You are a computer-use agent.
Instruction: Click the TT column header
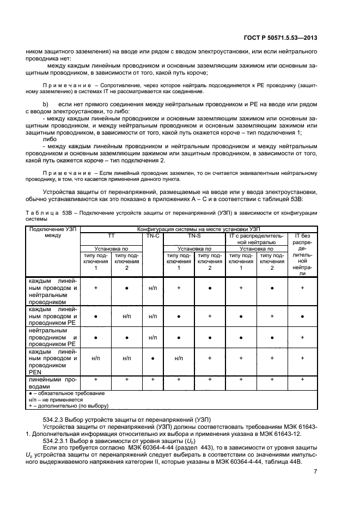[x=111, y=237]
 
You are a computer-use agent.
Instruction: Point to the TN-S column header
[x=194, y=237]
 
